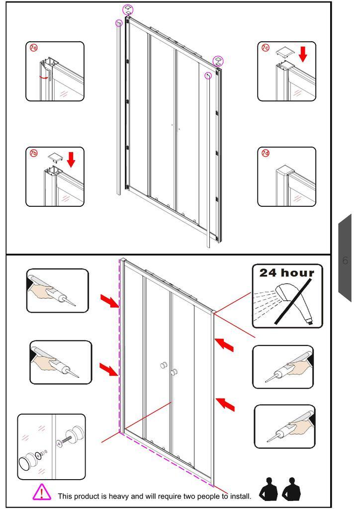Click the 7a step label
tap(34, 48)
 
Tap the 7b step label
tap(34, 153)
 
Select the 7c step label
tap(266, 48)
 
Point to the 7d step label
tap(266, 153)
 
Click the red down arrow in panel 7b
tap(71, 160)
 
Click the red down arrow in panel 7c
tap(302, 54)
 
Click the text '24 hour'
tap(287, 273)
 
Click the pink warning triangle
tap(42, 492)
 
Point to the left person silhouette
tap(268, 489)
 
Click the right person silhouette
tap(291, 489)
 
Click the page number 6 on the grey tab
tap(345, 260)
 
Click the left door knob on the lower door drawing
tap(163, 365)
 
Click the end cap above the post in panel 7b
tap(55, 158)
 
